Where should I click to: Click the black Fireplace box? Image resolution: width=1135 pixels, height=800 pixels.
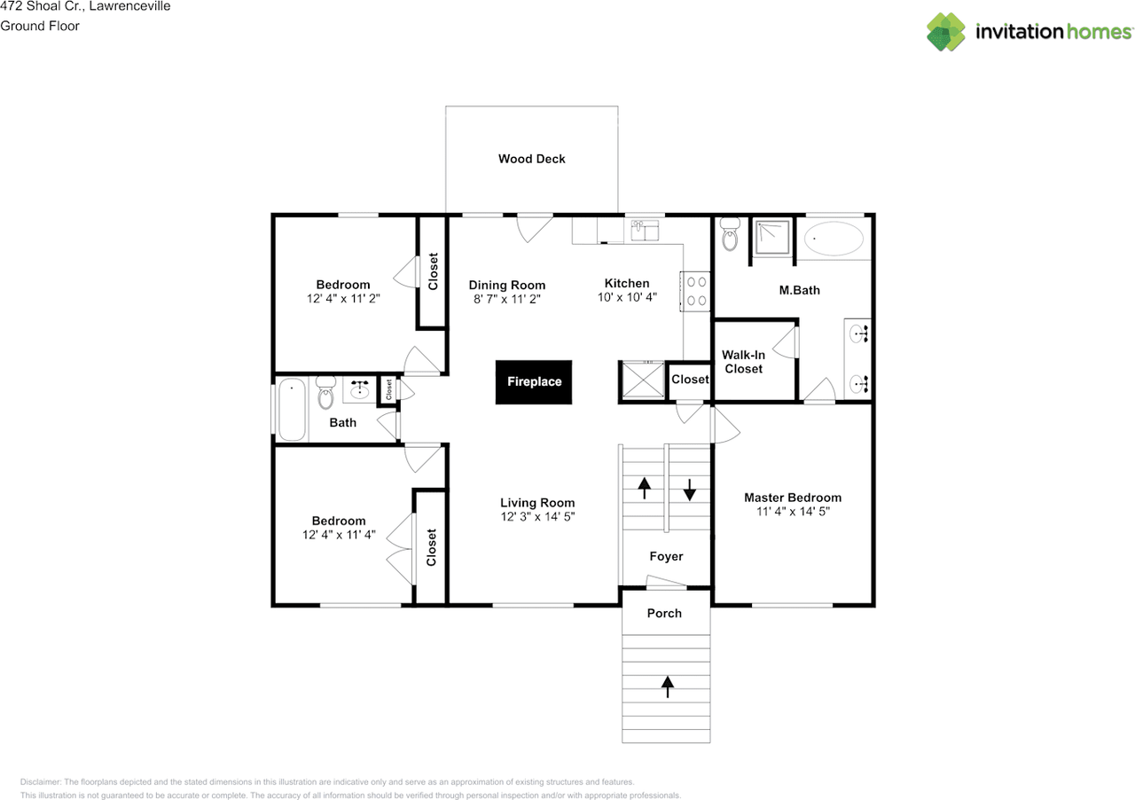[534, 382]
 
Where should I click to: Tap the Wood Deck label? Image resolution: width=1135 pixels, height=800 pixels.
[531, 159]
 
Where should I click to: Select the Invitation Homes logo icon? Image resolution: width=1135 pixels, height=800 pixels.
[946, 32]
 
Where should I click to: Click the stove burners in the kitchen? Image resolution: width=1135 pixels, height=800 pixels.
[696, 291]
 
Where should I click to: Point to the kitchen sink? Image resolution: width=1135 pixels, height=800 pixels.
[644, 231]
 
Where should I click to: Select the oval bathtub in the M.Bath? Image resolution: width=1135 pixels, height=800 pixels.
[834, 239]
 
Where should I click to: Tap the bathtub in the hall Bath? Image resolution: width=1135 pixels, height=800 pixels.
[291, 409]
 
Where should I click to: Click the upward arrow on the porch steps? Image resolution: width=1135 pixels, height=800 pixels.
[667, 685]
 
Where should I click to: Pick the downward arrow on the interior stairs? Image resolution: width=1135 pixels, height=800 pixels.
[689, 489]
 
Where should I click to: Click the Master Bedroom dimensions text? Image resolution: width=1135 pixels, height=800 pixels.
[792, 512]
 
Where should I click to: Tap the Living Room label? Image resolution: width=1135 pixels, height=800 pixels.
[537, 502]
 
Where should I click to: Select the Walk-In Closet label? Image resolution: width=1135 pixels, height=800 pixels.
[743, 362]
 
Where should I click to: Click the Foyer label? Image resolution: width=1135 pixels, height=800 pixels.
[666, 556]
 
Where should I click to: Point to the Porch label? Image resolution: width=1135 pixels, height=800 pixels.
[664, 613]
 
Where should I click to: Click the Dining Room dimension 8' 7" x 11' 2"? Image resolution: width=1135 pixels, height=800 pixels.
[507, 300]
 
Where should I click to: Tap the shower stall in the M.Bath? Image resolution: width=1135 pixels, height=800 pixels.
[772, 237]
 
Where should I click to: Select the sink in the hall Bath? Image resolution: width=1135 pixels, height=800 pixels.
[360, 389]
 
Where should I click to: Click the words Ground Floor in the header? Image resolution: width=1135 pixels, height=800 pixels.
[40, 26]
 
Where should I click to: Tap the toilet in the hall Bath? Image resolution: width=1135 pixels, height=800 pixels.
[325, 392]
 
